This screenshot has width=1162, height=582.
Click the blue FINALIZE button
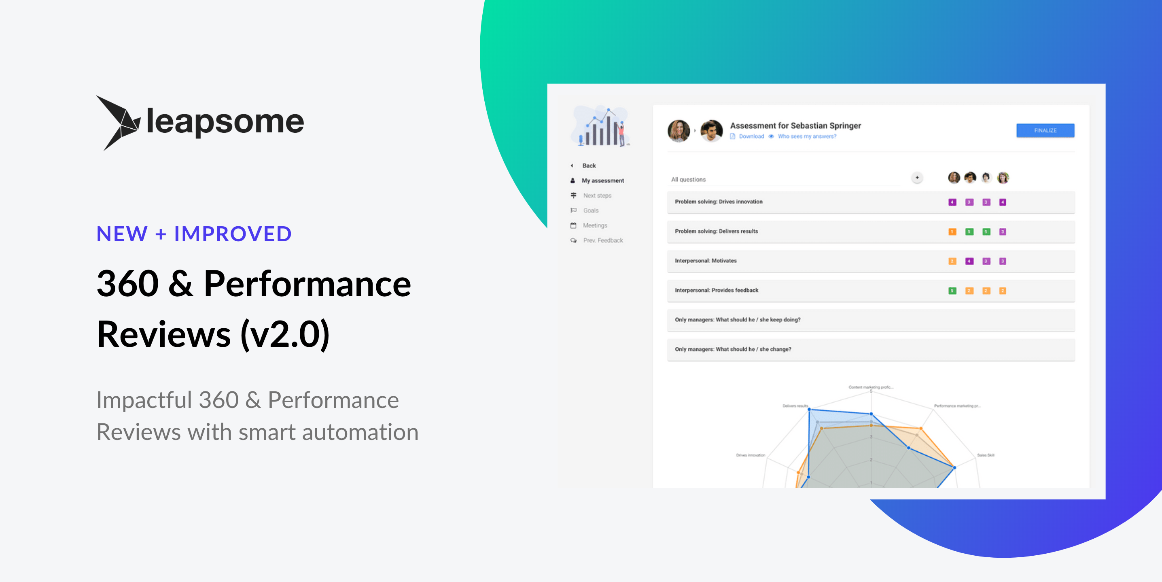pyautogui.click(x=1045, y=130)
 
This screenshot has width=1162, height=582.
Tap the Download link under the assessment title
pyautogui.click(x=751, y=136)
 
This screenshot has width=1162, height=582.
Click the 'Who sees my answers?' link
pyautogui.click(x=806, y=136)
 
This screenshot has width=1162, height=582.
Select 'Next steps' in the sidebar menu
pyautogui.click(x=597, y=195)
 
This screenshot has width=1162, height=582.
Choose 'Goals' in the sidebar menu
pyautogui.click(x=590, y=210)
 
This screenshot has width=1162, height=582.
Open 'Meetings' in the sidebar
pyautogui.click(x=594, y=225)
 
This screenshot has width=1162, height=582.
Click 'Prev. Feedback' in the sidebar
pyautogui.click(x=603, y=240)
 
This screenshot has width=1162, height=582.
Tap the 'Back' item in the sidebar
pyautogui.click(x=589, y=166)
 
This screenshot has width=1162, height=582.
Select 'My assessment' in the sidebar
pyautogui.click(x=603, y=181)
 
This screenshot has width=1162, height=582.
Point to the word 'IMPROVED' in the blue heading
pyautogui.click(x=233, y=234)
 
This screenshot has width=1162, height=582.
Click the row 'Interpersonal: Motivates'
pyautogui.click(x=706, y=261)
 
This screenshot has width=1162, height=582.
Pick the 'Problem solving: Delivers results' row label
pyautogui.click(x=716, y=231)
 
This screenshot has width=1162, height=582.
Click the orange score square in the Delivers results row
pyautogui.click(x=952, y=232)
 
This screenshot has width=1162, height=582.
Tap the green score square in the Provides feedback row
pyautogui.click(x=952, y=291)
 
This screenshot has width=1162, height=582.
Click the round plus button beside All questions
pyautogui.click(x=917, y=178)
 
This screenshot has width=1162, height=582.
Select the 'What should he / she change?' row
pyautogui.click(x=733, y=349)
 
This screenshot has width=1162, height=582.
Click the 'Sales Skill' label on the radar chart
pyautogui.click(x=986, y=455)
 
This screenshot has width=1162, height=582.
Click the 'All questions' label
pyautogui.click(x=688, y=180)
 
